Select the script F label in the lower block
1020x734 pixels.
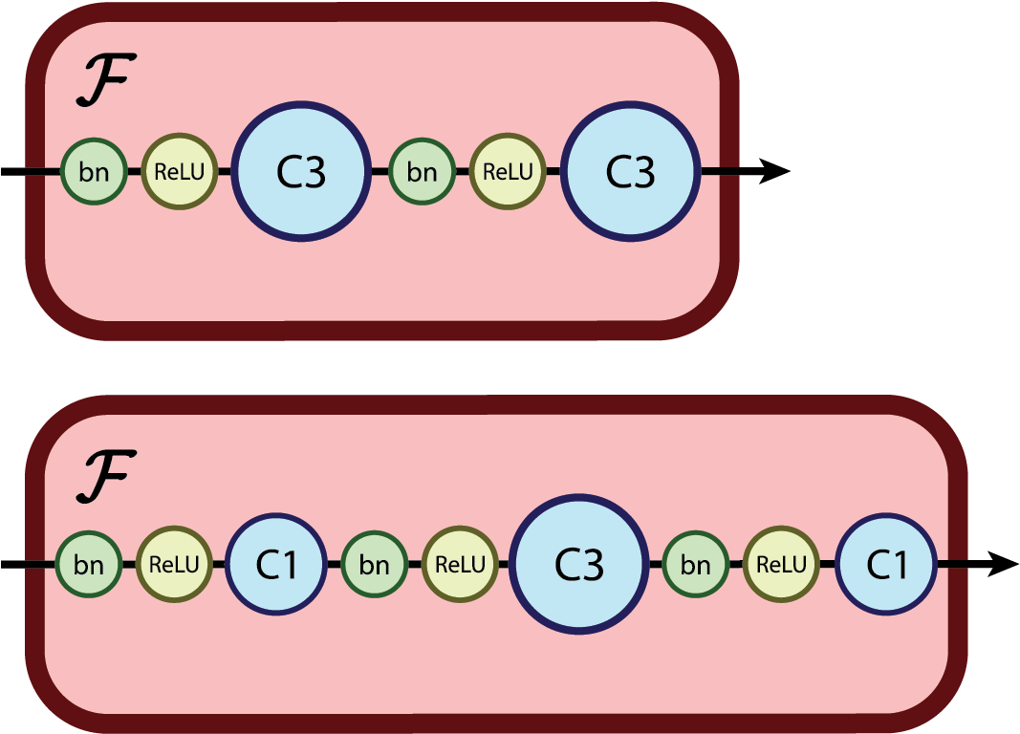click(x=105, y=477)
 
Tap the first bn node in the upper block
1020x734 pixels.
click(x=94, y=172)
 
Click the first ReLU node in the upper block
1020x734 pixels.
click(x=180, y=172)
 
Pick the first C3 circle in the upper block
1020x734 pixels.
click(x=300, y=172)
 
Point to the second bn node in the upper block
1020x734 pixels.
click(x=422, y=172)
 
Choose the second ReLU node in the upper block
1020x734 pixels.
click(x=508, y=172)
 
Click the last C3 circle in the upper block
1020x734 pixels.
click(x=630, y=172)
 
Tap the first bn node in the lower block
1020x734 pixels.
click(x=89, y=564)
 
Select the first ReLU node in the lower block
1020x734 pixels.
click(x=175, y=564)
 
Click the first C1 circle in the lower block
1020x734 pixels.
click(x=276, y=564)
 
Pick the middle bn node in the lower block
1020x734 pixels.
click(x=374, y=564)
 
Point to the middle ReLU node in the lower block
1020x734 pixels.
click(x=460, y=564)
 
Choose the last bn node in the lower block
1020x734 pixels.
click(x=696, y=564)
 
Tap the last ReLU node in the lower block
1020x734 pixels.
click(x=781, y=564)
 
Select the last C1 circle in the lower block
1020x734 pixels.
click(x=886, y=564)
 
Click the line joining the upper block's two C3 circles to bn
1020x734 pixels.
click(x=380, y=172)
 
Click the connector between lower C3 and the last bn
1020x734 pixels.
click(x=657, y=564)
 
